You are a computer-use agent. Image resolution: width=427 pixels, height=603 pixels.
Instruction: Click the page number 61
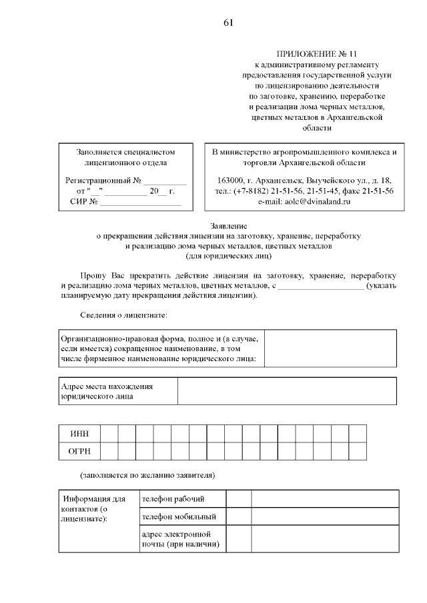click(x=228, y=23)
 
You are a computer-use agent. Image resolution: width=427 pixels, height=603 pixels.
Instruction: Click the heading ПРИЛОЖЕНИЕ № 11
click(x=317, y=53)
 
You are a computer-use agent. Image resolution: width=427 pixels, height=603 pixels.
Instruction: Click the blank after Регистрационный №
click(x=165, y=181)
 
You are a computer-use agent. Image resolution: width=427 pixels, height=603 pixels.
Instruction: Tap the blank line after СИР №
click(x=141, y=202)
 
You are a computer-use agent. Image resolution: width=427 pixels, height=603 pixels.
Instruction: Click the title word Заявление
click(x=228, y=227)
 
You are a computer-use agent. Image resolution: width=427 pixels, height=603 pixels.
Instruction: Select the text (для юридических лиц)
click(x=228, y=255)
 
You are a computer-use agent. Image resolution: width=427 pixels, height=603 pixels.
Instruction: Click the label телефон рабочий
click(x=173, y=499)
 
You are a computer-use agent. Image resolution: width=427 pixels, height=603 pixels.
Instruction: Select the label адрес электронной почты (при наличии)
click(x=176, y=539)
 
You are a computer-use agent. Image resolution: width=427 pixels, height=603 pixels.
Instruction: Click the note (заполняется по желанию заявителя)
click(x=147, y=476)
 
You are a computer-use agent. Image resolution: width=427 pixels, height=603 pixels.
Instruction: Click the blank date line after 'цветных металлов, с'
click(x=320, y=287)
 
